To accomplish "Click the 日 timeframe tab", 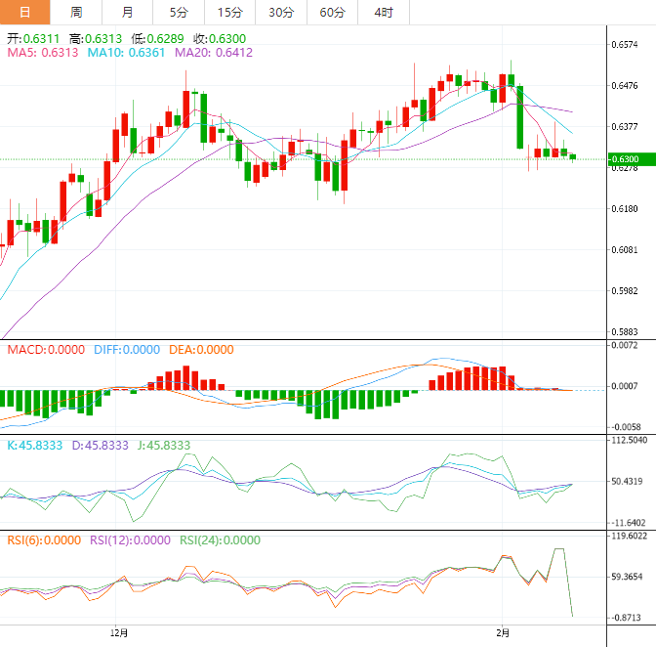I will [x=24, y=12].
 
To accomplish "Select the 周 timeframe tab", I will [x=76, y=12].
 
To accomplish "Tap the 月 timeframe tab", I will [x=128, y=12].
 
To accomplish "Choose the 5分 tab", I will [x=179, y=12].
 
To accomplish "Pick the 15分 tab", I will [x=229, y=12].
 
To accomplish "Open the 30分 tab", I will [x=281, y=12].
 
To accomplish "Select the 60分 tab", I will [x=332, y=12].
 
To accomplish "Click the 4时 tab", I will [x=384, y=12].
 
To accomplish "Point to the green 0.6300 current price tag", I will [x=625, y=159].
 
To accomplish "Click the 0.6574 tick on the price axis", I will [x=625, y=45].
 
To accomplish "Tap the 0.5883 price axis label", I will [x=625, y=332].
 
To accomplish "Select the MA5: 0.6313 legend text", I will [x=42, y=53].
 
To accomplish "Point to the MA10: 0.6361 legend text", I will [x=126, y=53].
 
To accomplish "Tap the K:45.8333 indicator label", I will [x=35, y=445].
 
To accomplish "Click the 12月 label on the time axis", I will [x=120, y=633].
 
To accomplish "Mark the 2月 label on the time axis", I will [x=502, y=633].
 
